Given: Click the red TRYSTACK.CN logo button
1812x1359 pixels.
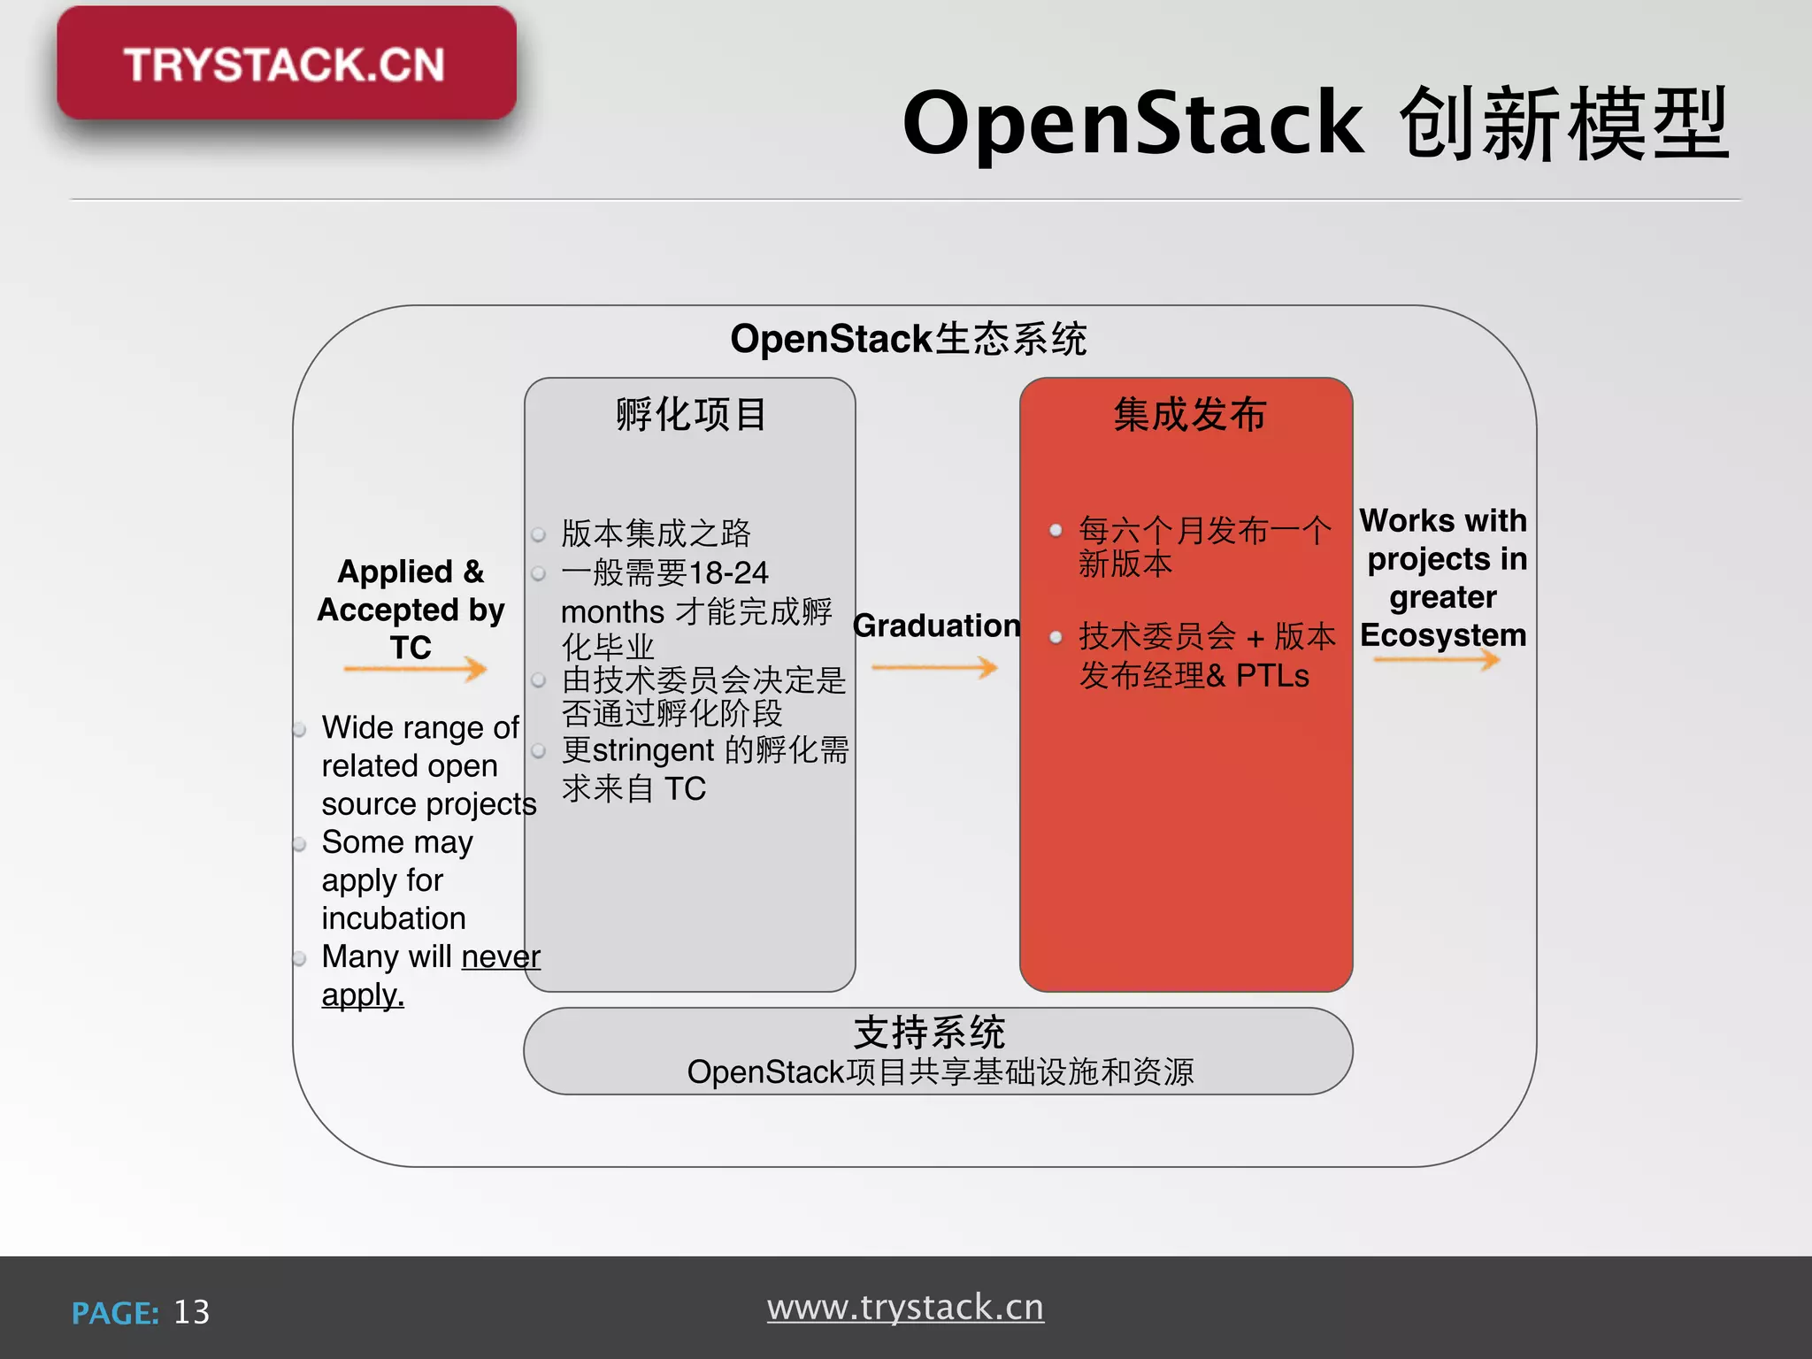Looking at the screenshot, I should coord(286,64).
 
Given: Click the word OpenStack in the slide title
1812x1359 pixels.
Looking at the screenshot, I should coord(1132,124).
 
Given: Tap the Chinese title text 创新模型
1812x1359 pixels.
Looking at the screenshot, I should coord(1563,124).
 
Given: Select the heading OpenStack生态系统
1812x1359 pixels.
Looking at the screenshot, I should coord(908,339).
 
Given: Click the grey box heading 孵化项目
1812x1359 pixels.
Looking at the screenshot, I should coord(690,414).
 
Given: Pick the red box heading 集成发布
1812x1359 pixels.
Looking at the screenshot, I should coord(1189,414).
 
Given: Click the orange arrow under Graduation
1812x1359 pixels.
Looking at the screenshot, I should coord(934,667).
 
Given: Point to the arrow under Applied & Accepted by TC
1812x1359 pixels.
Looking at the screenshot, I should coord(415,668).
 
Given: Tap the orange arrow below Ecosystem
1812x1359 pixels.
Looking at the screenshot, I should coord(1437,659).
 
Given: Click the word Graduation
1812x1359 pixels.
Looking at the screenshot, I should coord(936,626).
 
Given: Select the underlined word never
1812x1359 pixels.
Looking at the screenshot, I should coord(501,956).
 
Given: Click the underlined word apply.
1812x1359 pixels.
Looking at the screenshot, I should coord(363,995).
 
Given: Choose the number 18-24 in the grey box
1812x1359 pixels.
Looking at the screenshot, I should coord(728,572).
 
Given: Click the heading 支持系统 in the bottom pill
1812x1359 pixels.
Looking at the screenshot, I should coord(929,1033).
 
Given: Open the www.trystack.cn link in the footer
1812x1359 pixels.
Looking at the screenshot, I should coord(905,1308).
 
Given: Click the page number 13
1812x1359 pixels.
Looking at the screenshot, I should coord(192,1312).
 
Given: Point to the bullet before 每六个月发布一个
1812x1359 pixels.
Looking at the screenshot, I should coord(1056,531).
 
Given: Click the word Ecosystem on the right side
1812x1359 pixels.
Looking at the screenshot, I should coord(1443,635).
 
